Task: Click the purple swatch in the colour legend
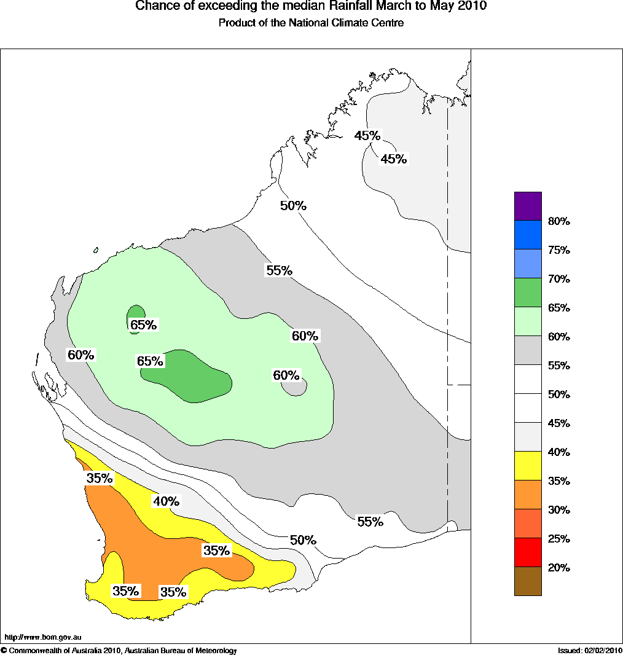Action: point(528,206)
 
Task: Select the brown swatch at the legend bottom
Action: point(528,581)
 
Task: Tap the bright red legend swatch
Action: point(528,552)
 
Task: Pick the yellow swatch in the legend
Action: point(528,466)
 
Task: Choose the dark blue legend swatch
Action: point(528,235)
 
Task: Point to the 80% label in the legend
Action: point(559,221)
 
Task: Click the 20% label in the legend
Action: point(559,568)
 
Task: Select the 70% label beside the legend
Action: point(559,279)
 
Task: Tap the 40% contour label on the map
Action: point(166,501)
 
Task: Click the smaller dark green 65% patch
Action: point(136,312)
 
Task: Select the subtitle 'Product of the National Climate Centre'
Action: point(311,23)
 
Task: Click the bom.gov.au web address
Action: point(43,637)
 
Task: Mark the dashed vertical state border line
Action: point(447,307)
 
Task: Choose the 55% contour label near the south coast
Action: point(370,522)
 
